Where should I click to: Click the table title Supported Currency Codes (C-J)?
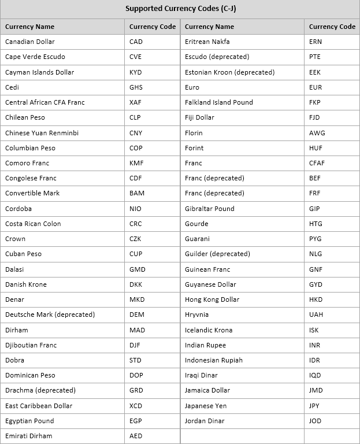[x=180, y=9]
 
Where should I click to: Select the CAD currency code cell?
[x=136, y=42]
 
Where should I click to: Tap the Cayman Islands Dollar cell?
[x=39, y=72]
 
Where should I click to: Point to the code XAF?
[x=136, y=102]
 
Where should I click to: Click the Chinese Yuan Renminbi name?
[x=42, y=133]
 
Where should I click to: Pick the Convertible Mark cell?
[x=32, y=193]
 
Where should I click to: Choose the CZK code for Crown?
[x=136, y=239]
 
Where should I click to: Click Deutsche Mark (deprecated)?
[x=50, y=314]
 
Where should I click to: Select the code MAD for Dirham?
[x=137, y=330]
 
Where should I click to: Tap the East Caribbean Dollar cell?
[x=39, y=406]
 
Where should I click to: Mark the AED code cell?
[x=136, y=436]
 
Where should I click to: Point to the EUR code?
[x=316, y=87]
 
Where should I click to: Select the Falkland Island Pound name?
[x=218, y=102]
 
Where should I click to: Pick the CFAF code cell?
[x=317, y=163]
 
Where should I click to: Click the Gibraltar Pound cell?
[x=209, y=209]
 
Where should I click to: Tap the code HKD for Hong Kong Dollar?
[x=316, y=299]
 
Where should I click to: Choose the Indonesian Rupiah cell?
[x=213, y=360]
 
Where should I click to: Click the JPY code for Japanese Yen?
[x=314, y=406]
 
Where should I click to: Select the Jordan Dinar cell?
[x=205, y=421]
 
